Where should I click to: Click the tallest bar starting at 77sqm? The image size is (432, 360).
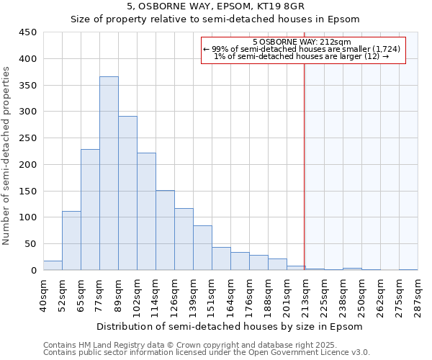[109, 173]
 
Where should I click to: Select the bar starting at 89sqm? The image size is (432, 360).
[127, 193]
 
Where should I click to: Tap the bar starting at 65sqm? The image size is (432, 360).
[90, 210]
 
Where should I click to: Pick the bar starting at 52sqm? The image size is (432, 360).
[71, 240]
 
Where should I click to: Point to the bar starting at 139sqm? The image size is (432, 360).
[202, 248]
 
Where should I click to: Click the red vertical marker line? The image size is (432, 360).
[304, 166]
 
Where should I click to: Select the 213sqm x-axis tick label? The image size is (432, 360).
[305, 295]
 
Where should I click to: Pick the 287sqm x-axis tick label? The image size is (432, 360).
[418, 295]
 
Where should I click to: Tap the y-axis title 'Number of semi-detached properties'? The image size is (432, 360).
[7, 156]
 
